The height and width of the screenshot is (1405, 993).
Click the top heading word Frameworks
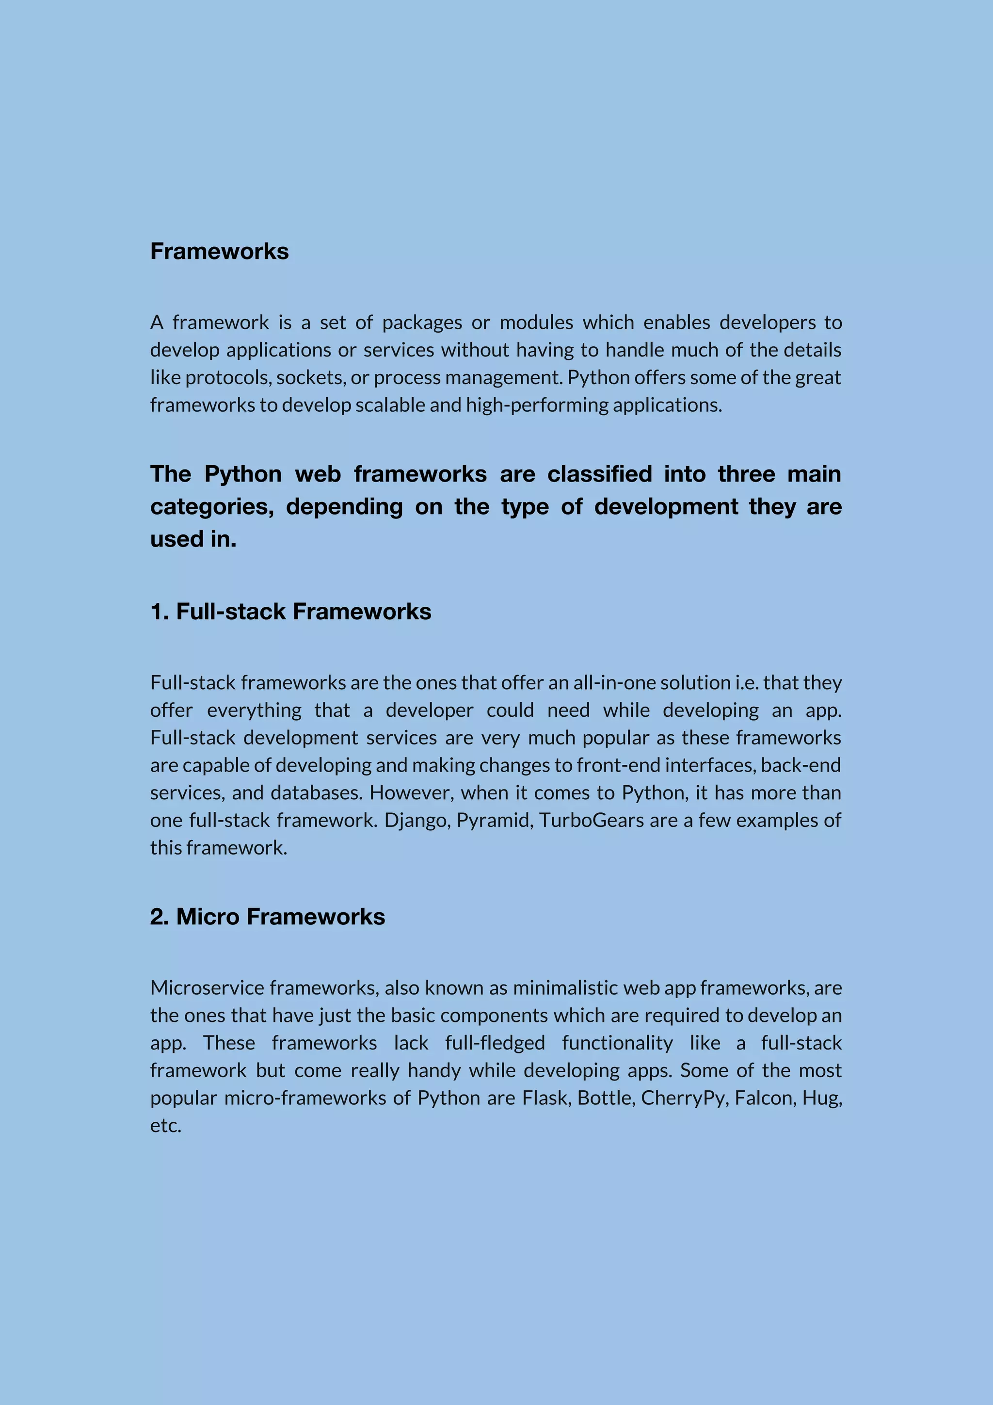point(219,252)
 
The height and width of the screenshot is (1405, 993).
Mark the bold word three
point(746,474)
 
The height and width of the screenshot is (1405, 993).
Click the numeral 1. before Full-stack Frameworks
point(160,612)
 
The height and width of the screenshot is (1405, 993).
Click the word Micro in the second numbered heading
point(208,917)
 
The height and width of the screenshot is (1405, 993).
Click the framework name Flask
point(546,1098)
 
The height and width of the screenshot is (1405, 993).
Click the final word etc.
point(166,1125)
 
